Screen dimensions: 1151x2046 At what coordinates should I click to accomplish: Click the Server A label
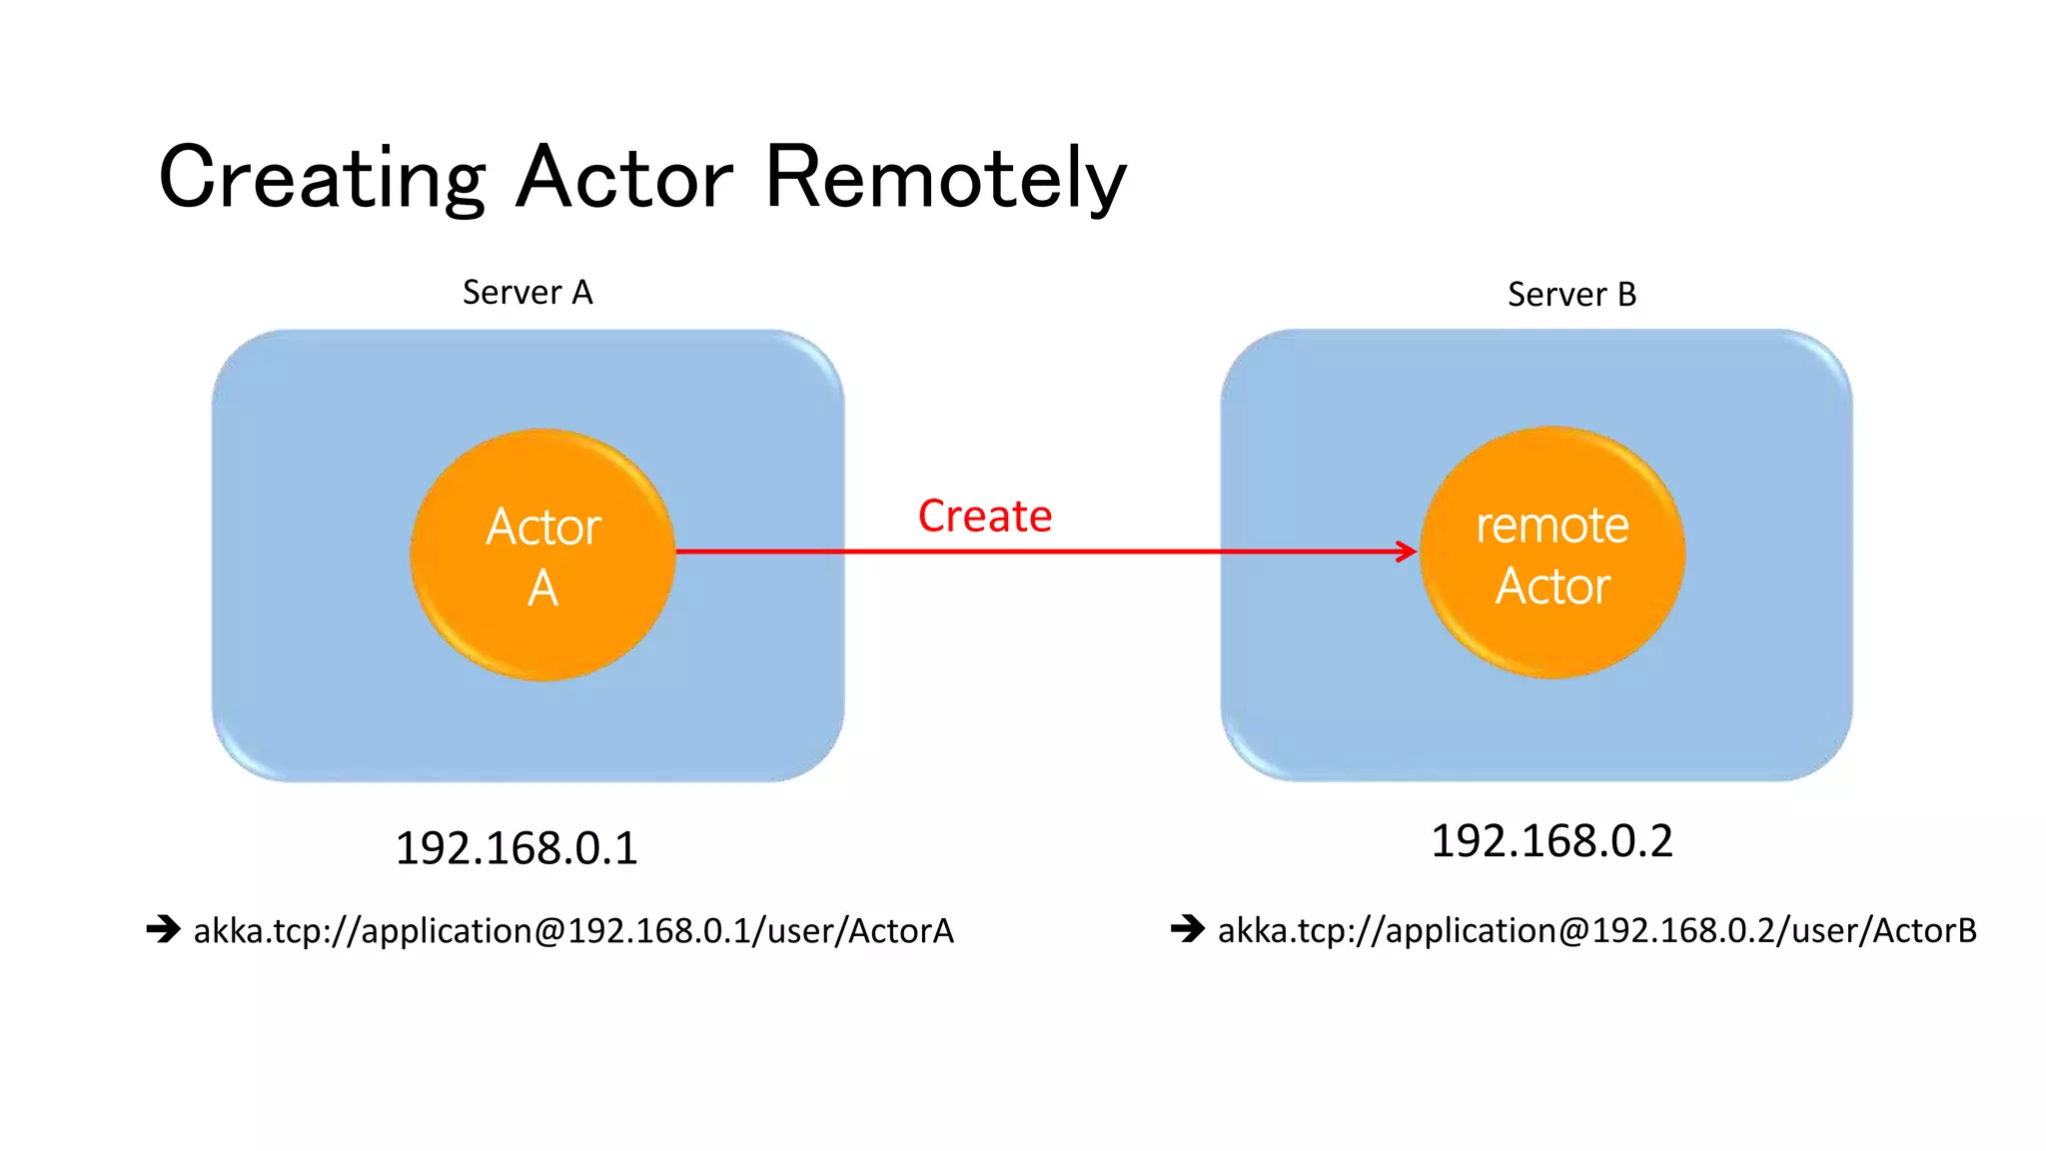[x=527, y=293]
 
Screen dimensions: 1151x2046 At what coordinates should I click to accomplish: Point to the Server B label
[x=1571, y=295]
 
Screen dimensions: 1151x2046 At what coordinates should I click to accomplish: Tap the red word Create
[x=984, y=517]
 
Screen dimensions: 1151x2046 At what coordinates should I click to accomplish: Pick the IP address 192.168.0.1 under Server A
[x=516, y=848]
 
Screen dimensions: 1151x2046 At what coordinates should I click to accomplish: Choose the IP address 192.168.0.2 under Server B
[x=1551, y=841]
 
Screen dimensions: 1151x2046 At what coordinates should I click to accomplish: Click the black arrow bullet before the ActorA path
[x=163, y=929]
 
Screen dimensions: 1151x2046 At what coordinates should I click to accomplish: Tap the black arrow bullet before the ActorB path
[x=1188, y=929]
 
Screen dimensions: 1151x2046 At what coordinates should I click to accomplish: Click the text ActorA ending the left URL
[x=901, y=931]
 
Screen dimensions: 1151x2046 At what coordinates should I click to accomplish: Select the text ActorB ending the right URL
[x=1924, y=931]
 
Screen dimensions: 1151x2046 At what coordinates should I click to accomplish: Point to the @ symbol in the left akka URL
[x=550, y=931]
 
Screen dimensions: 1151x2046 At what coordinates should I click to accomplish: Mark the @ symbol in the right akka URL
[x=1574, y=931]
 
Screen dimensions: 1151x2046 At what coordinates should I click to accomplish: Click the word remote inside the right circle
[x=1552, y=527]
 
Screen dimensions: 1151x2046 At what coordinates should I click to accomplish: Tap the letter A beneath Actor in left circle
[x=542, y=588]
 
